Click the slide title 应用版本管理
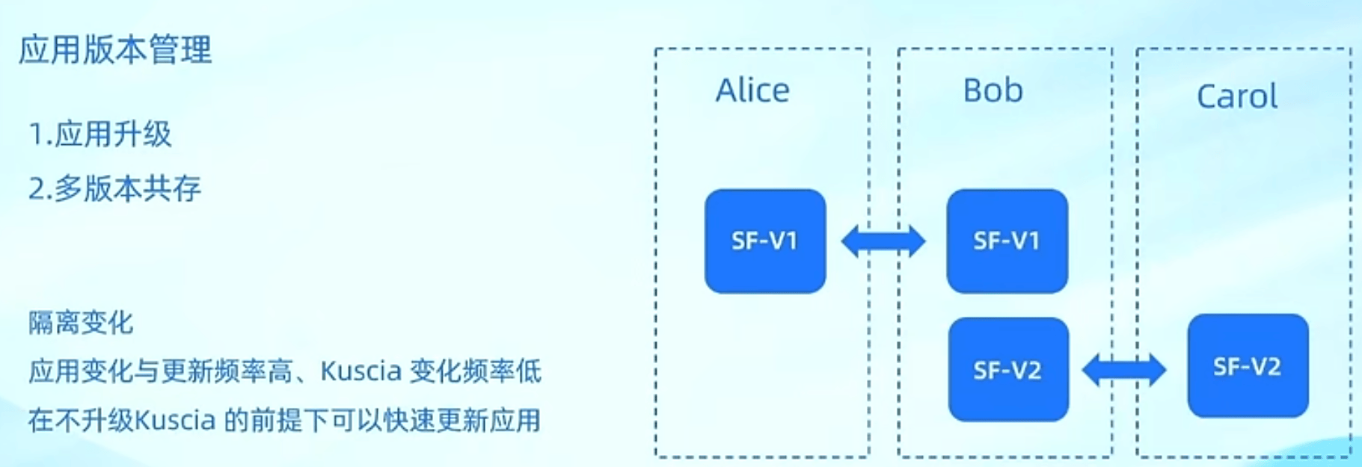point(115,50)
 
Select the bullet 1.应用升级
point(100,134)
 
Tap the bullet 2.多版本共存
point(114,188)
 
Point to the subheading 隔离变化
point(81,323)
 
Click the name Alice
point(752,90)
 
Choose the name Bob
point(993,90)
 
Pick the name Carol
point(1236,96)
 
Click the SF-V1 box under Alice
point(764,241)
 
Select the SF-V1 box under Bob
point(1007,241)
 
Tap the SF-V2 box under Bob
point(1007,370)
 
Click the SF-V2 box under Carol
point(1248,366)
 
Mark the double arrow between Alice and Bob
point(883,241)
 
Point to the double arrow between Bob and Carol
point(1124,370)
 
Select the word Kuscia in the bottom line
point(176,420)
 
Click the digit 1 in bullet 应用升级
point(36,135)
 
